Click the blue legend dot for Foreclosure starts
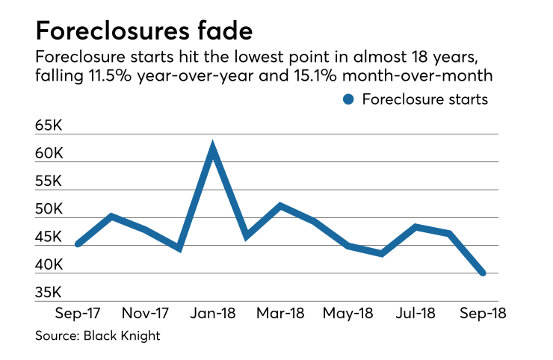347,99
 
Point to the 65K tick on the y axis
49,125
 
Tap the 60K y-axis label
49,153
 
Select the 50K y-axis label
49,209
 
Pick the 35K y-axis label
49,292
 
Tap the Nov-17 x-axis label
146,312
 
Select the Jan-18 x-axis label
213,312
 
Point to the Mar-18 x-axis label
281,312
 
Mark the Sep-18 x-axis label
482,312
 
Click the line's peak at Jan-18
213,146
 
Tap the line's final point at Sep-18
483,273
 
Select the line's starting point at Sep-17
78,244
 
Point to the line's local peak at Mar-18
280,205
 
